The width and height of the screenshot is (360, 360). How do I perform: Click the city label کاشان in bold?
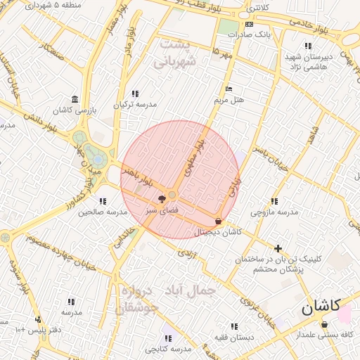[321, 306]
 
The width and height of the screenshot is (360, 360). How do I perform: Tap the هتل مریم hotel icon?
[228, 89]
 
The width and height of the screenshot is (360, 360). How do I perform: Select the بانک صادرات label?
[253, 34]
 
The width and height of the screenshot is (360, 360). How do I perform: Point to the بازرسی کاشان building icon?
[75, 100]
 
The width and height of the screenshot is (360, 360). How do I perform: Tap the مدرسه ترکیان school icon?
[135, 94]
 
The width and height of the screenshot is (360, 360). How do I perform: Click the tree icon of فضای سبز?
[162, 199]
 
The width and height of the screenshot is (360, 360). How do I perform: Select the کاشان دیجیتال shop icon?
[219, 221]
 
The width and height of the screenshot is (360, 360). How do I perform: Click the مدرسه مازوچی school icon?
[274, 201]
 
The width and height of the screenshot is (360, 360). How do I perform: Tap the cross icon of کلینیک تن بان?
[278, 248]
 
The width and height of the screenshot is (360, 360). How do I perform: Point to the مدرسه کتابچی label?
[168, 349]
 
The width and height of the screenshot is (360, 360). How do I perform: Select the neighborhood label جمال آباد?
[191, 289]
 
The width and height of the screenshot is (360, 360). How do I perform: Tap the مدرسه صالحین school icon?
[103, 201]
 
